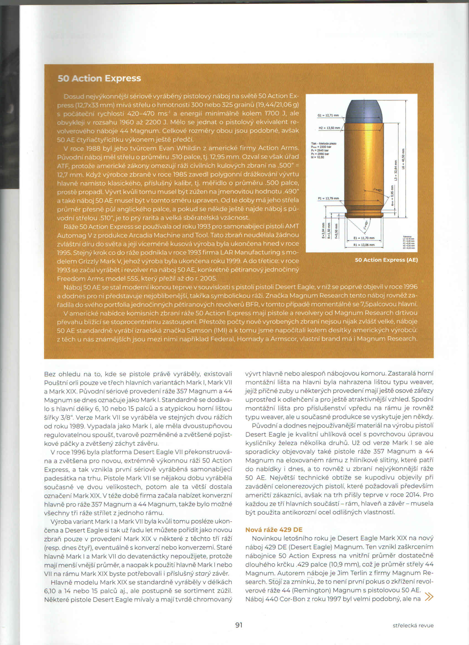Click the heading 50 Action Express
[x=99, y=78]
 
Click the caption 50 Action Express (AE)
[x=386, y=260]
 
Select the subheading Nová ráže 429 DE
[x=274, y=530]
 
